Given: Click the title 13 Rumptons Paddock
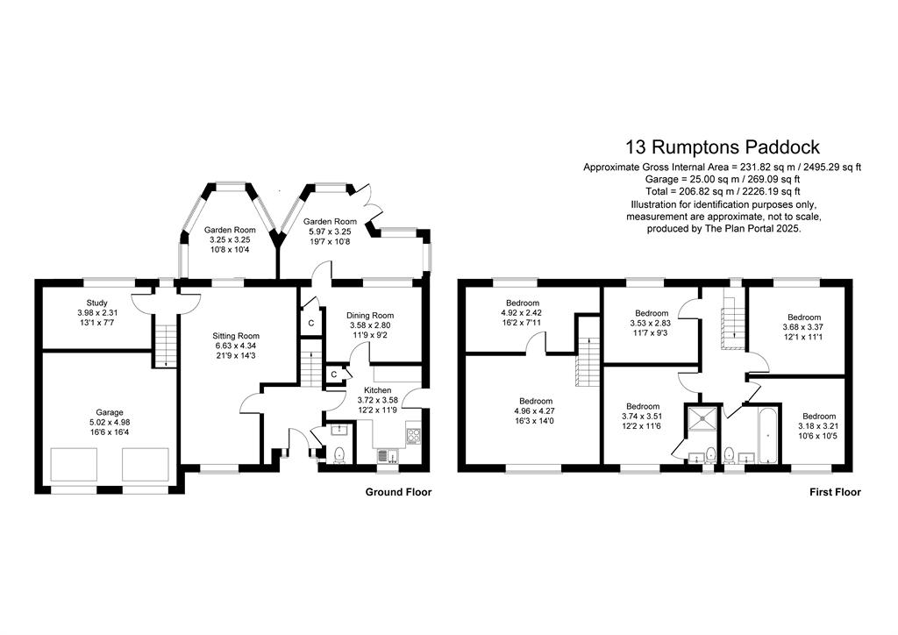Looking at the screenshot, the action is [x=723, y=147].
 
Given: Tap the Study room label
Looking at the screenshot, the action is [x=96, y=303].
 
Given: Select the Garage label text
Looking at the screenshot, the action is [x=110, y=412].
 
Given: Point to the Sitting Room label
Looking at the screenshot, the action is [x=236, y=336].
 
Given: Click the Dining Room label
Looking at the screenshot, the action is [x=370, y=316].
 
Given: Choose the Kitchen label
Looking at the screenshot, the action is [x=377, y=390].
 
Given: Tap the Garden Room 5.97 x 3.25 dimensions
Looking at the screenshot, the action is [x=330, y=232].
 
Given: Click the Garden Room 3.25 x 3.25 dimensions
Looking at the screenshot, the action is [x=230, y=240].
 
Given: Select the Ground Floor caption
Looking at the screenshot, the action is [x=399, y=492].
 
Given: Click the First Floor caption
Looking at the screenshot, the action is [x=835, y=492].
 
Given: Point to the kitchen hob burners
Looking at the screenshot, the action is [x=414, y=436].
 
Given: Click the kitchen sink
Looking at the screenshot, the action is [x=388, y=456].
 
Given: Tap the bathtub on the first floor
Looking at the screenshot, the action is [x=768, y=435].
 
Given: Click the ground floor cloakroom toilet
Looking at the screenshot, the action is [x=339, y=454].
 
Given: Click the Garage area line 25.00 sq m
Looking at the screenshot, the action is [x=723, y=179].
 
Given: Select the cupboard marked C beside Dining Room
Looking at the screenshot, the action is [x=311, y=324].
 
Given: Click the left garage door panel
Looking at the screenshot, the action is [x=74, y=465].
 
